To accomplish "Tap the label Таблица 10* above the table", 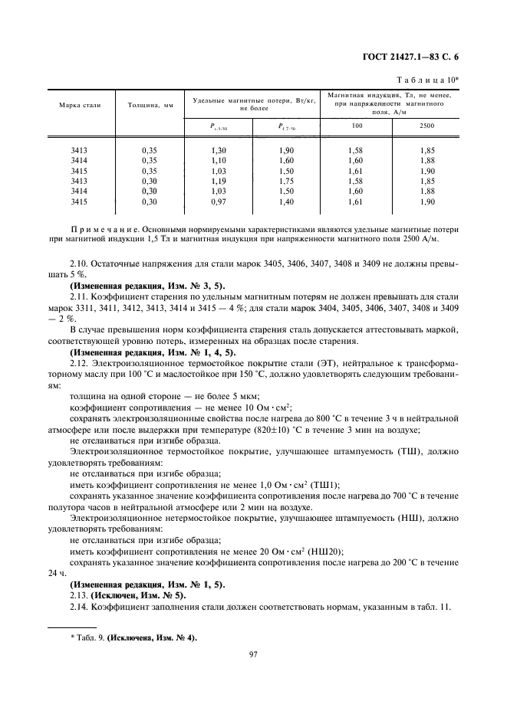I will [x=427, y=79].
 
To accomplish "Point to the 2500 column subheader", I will [x=426, y=125].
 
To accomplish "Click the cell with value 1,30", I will [x=219, y=152].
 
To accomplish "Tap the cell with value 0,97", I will [x=219, y=201].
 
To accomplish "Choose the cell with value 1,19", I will [x=219, y=182].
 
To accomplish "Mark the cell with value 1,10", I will [x=219, y=162].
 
